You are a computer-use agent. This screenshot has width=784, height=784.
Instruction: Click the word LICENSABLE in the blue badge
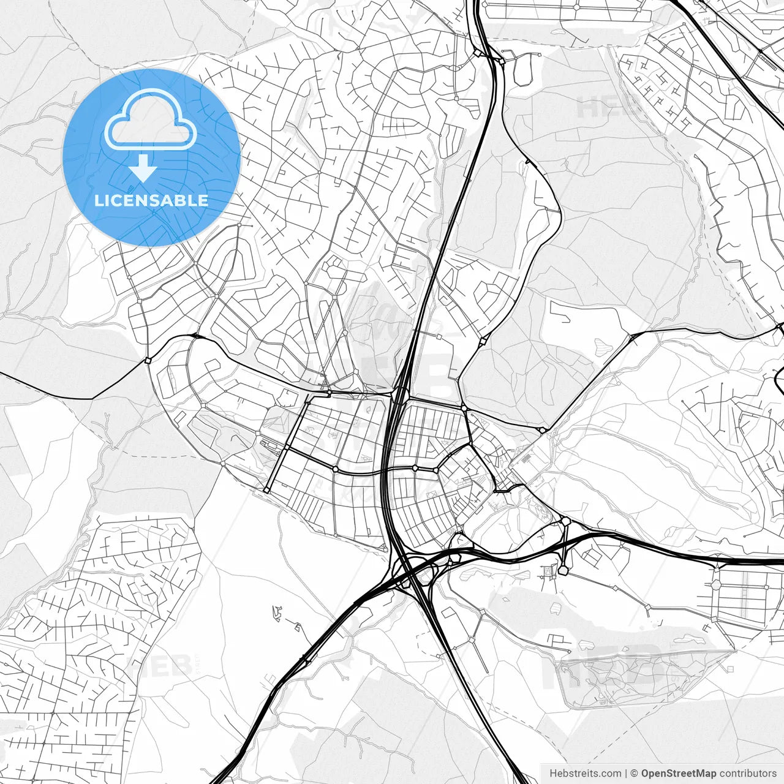point(151,200)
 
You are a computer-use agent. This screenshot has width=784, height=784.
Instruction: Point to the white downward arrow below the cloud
point(143,168)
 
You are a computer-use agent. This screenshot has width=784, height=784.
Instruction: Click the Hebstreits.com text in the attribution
point(585,774)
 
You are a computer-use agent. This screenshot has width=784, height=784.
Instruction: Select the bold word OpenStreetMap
point(678,774)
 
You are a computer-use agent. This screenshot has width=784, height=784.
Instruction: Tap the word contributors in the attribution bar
point(747,774)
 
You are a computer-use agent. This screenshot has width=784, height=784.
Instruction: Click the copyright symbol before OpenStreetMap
point(635,774)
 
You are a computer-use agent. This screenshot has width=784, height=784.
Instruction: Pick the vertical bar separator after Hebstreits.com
point(625,774)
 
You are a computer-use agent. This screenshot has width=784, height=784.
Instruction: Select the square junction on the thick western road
point(148,361)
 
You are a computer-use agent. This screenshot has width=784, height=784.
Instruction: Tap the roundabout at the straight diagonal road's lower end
point(267,490)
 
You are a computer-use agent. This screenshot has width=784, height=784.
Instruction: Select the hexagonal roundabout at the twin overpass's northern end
point(565,522)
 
